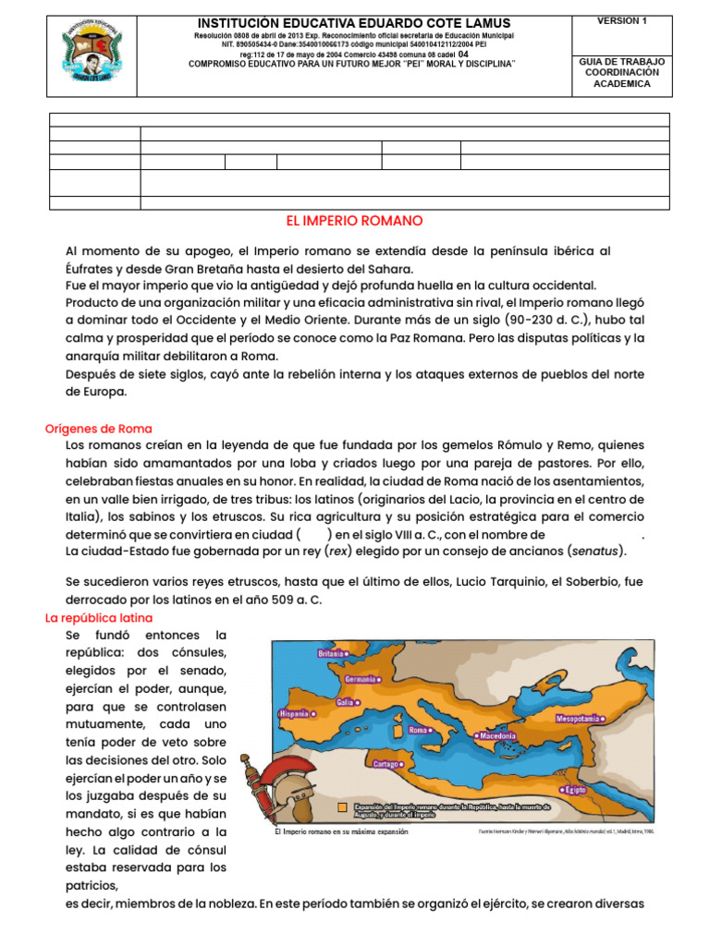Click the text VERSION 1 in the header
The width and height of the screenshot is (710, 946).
coord(622,20)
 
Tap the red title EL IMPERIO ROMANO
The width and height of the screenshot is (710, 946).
coord(355,222)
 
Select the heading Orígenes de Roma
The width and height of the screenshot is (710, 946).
coord(99,429)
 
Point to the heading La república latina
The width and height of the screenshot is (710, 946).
coord(99,617)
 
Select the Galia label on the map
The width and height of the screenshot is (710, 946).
coord(348,701)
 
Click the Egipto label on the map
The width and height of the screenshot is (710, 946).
coord(575,789)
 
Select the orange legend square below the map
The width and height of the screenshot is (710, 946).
coord(343,807)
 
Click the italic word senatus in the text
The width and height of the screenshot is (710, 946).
coord(592,552)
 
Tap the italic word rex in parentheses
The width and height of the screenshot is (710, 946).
coord(339,552)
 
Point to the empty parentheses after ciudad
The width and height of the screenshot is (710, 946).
coord(313,534)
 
